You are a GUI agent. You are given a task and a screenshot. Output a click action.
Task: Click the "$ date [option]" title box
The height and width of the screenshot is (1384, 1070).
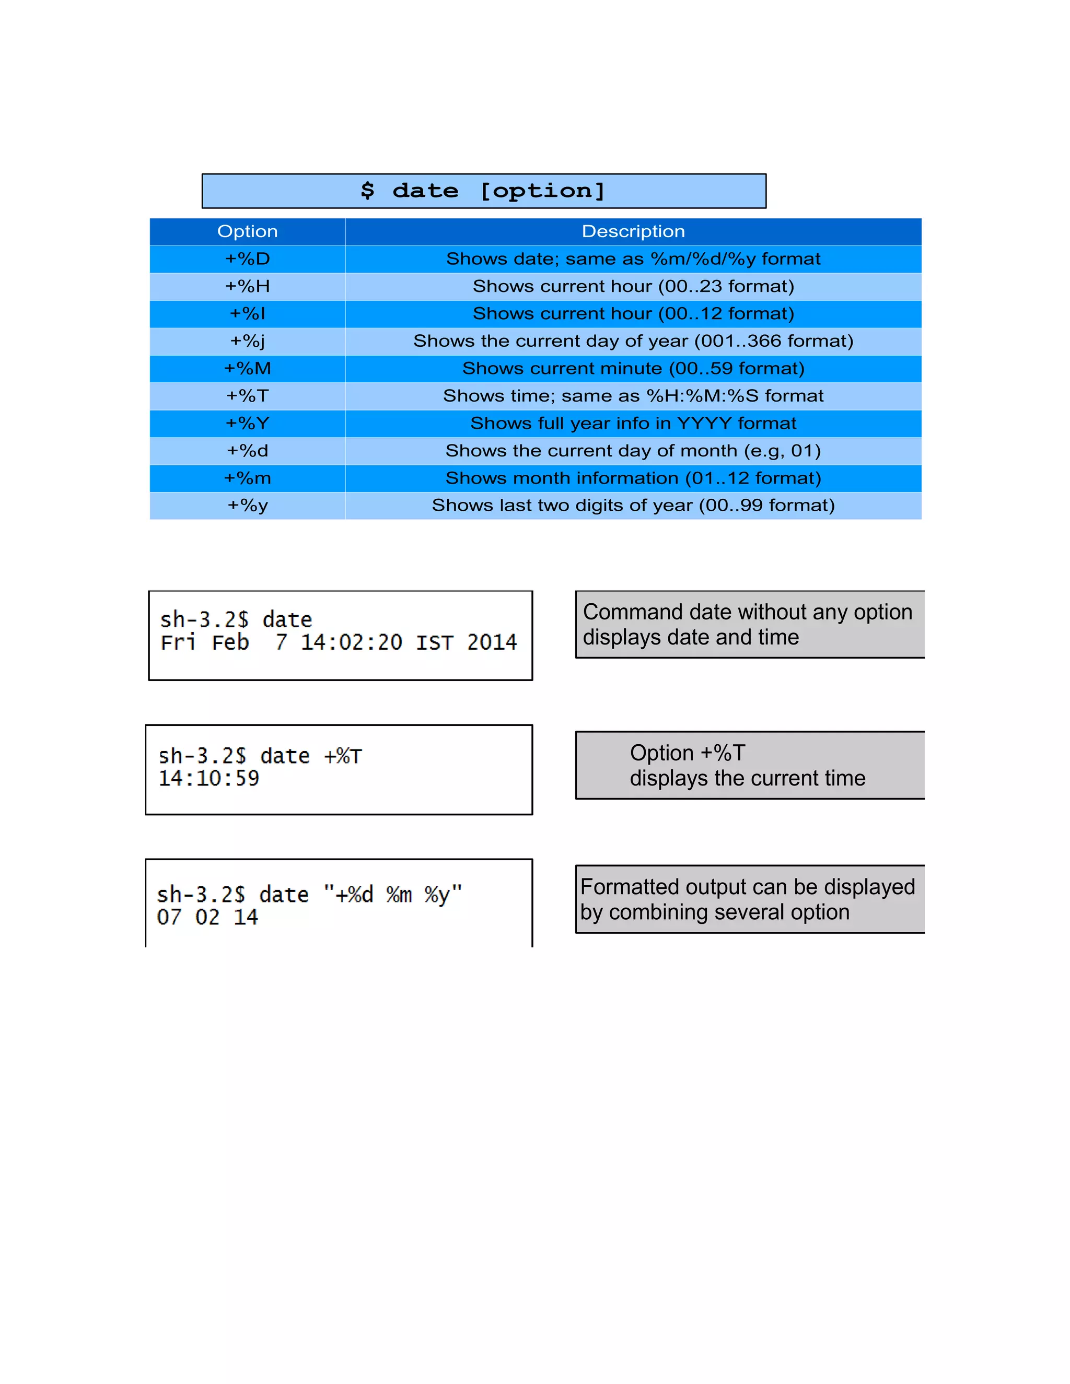[483, 191]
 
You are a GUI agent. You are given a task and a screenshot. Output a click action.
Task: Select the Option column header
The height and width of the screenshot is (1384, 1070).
[247, 231]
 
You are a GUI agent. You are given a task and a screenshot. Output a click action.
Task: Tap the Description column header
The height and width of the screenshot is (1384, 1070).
[633, 231]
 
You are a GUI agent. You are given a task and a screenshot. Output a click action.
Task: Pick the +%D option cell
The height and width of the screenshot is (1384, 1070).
[247, 259]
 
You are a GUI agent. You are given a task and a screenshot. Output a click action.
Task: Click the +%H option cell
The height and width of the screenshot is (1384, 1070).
[247, 286]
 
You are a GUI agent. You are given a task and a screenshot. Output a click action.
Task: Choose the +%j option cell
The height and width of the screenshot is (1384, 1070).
[247, 341]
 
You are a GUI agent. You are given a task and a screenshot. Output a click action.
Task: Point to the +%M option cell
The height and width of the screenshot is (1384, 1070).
[247, 368]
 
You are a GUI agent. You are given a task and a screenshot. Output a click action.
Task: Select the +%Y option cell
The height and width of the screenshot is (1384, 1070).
[247, 424]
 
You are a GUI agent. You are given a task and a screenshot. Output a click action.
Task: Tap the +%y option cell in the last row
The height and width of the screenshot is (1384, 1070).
[247, 505]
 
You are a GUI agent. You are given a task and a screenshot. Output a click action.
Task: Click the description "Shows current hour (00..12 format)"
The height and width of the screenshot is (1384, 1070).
[633, 314]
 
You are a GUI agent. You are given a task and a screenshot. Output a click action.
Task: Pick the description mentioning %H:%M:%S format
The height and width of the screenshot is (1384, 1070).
[633, 396]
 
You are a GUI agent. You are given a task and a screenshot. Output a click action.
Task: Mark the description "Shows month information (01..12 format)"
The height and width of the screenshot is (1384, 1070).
[633, 478]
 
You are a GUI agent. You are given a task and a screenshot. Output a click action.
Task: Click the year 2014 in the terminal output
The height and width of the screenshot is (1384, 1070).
[492, 642]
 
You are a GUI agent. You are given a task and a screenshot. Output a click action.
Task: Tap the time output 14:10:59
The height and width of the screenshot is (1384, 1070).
[208, 778]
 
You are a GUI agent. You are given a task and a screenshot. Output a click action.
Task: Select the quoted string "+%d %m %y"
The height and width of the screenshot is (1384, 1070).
[392, 895]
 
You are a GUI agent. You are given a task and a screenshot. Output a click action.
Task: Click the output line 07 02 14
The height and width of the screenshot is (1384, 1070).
[207, 917]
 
